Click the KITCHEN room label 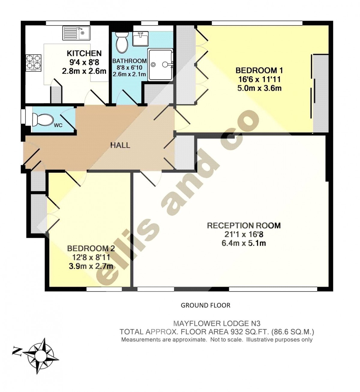(x=84, y=53)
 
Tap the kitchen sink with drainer (x=76, y=33)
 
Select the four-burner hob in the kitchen (x=33, y=63)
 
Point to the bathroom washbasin (x=140, y=38)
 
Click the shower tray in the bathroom (x=160, y=65)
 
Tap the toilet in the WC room (x=43, y=119)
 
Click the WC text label (x=58, y=125)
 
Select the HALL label (x=120, y=145)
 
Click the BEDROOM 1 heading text (x=259, y=70)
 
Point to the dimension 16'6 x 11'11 (x=259, y=79)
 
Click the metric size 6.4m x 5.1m (x=244, y=243)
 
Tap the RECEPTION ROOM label (x=244, y=226)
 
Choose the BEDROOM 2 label (x=91, y=248)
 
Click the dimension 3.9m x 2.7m (x=91, y=266)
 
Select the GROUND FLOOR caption (x=205, y=305)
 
